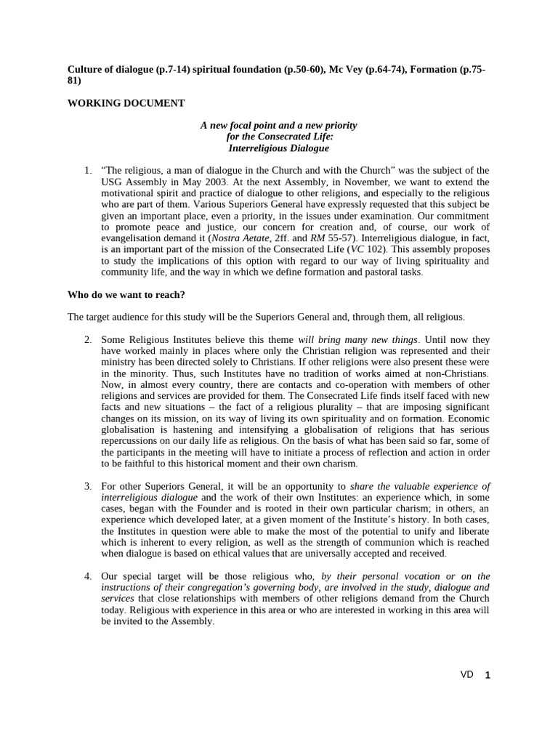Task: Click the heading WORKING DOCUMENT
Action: [x=126, y=103]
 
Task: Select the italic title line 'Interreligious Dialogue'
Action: [x=278, y=147]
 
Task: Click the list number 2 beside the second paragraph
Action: [x=87, y=339]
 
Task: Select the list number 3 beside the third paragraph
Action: [x=87, y=486]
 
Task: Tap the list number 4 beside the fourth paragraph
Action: [x=87, y=576]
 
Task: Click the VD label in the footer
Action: [x=466, y=674]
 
